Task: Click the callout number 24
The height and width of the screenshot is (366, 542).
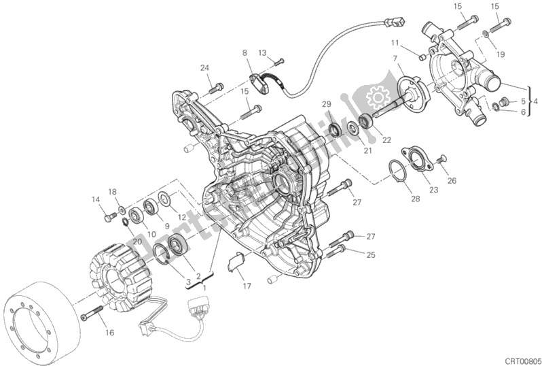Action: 204,67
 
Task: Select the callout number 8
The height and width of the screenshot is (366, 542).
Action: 245,52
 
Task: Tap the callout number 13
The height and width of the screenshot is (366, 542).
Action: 262,52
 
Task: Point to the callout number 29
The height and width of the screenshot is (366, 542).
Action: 326,103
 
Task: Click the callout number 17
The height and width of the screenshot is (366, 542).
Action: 247,286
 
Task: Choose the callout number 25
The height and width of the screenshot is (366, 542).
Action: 370,255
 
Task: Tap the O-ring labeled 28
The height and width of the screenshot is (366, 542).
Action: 399,170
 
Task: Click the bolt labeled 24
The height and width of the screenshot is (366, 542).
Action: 217,87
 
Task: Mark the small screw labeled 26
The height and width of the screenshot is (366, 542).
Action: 442,159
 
